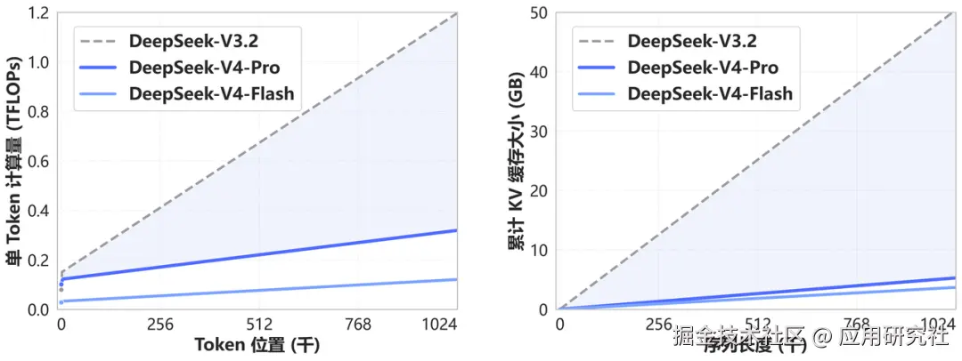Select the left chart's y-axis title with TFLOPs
pos(14,160)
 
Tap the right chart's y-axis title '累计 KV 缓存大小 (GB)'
pos(515,160)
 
